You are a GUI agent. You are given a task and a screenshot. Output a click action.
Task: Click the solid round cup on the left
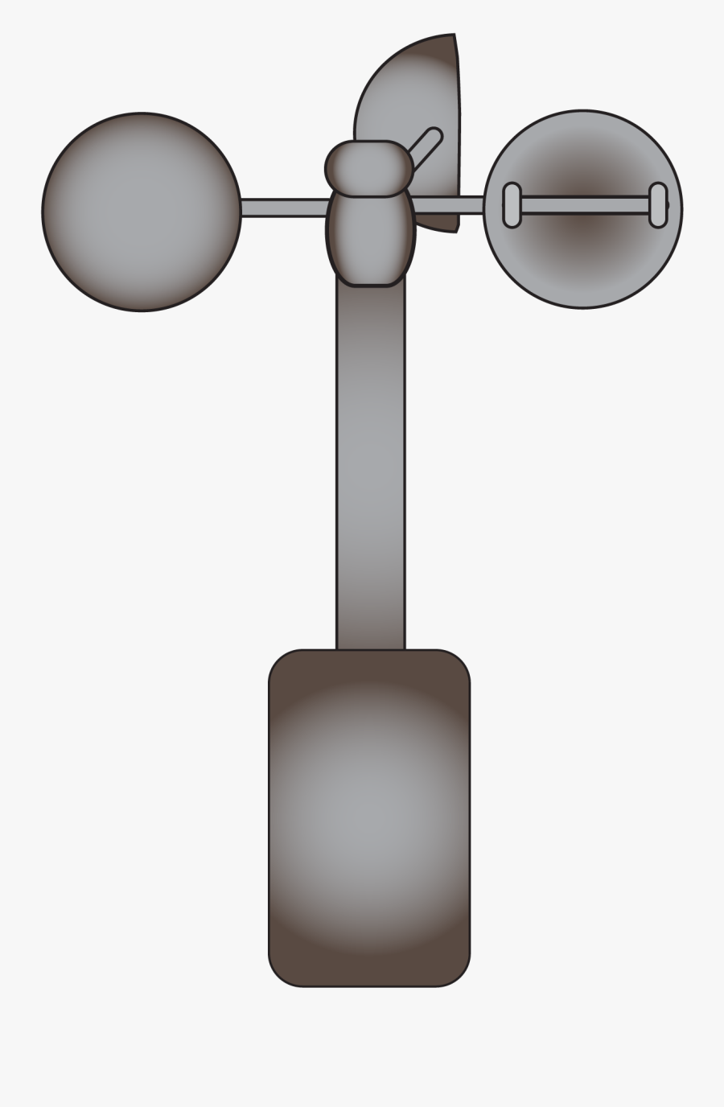[x=142, y=212]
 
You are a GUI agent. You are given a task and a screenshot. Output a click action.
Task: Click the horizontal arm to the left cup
[x=283, y=208]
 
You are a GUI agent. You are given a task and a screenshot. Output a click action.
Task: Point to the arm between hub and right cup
[x=449, y=207]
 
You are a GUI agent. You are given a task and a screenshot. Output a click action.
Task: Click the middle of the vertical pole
[x=370, y=467]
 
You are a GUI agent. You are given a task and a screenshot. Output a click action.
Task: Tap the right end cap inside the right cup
[x=658, y=205]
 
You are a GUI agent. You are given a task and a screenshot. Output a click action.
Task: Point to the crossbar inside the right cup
[x=585, y=206]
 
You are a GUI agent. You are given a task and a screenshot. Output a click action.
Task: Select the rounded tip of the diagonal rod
[x=435, y=134]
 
